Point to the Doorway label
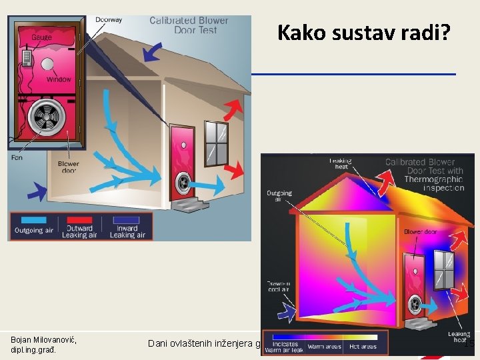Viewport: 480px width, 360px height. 109,20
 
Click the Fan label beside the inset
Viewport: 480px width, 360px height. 17,158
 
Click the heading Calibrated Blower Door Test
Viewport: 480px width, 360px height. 189,25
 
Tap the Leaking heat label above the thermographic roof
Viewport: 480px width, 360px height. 340,163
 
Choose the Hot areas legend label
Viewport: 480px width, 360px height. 362,347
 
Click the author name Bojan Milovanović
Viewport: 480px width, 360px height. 43,341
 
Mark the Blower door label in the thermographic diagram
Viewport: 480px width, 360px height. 421,232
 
